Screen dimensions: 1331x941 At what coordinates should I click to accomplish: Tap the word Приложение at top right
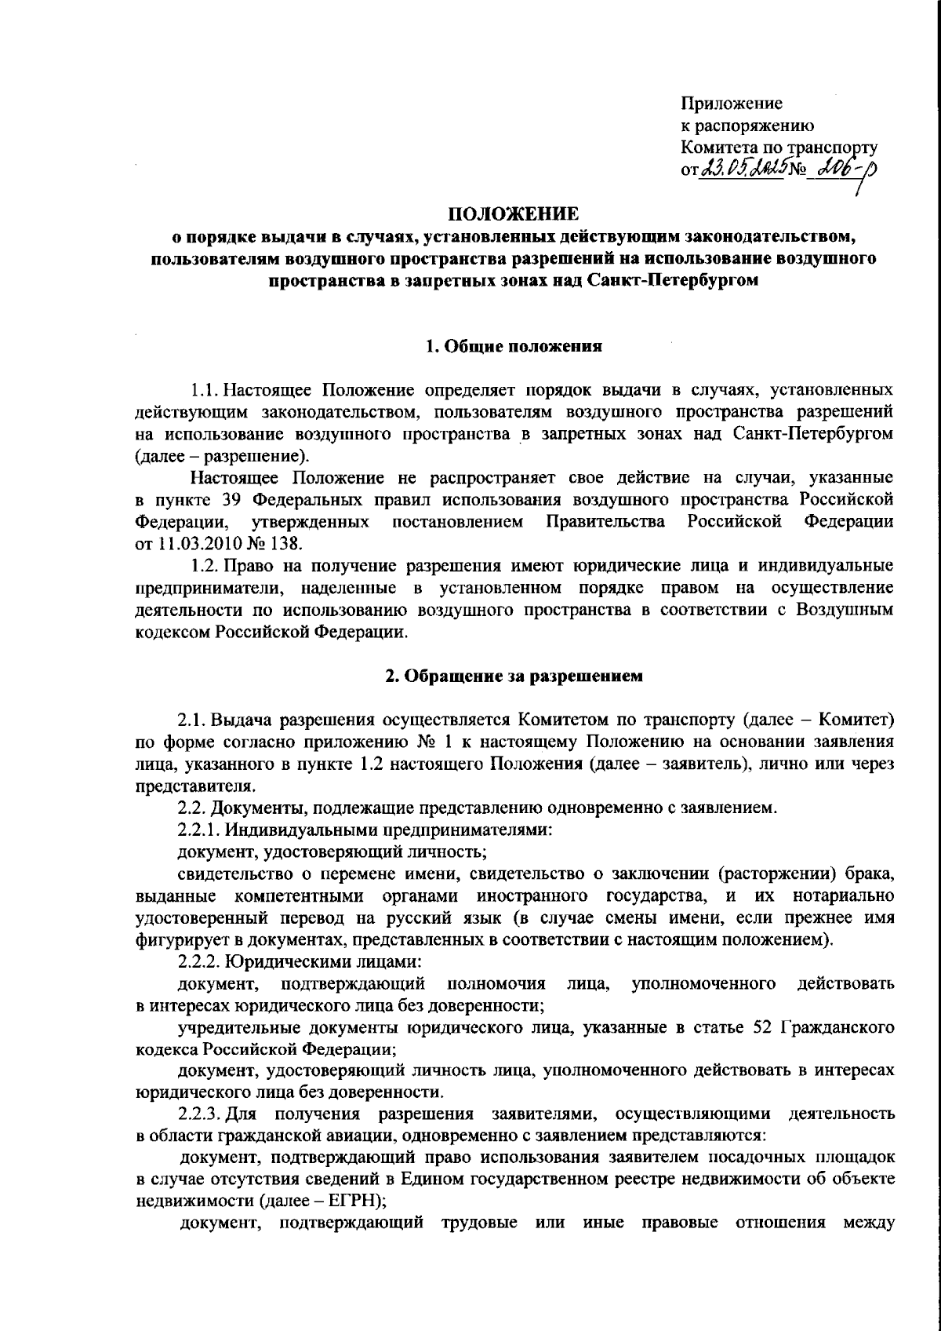pos(731,104)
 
